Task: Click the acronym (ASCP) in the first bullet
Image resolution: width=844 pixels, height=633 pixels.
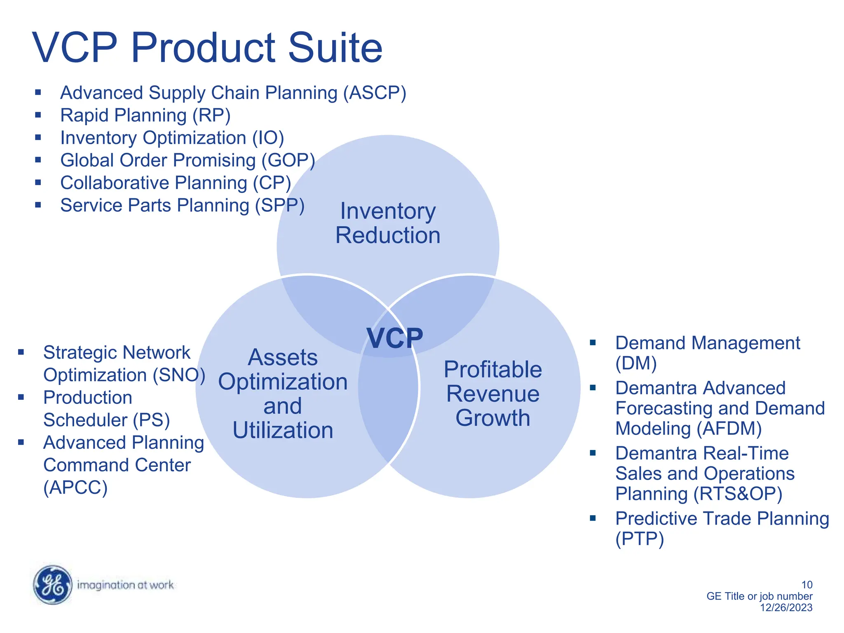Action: [375, 93]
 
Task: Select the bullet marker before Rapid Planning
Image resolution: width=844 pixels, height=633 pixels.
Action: [38, 115]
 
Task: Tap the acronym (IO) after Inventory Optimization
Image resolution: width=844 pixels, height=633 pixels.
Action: [268, 138]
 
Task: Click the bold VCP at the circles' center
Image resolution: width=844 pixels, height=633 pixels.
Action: [394, 338]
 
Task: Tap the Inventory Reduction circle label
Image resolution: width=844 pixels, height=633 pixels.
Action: [387, 223]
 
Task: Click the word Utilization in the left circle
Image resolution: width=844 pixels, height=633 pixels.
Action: [283, 430]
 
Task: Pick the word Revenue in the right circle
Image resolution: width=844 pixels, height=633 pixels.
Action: [492, 394]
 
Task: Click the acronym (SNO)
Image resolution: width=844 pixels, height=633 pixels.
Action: [179, 375]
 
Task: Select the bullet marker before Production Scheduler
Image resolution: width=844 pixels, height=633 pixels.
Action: [21, 397]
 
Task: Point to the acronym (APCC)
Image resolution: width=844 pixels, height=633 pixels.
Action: [75, 488]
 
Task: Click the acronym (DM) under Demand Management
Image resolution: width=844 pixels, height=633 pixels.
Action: [635, 363]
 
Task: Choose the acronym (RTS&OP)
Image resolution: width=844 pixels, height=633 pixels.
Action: [738, 494]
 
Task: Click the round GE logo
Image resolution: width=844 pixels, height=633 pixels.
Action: [52, 585]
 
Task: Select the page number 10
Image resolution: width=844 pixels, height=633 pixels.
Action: [806, 584]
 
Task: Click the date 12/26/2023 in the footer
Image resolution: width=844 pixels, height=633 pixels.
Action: [786, 607]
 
